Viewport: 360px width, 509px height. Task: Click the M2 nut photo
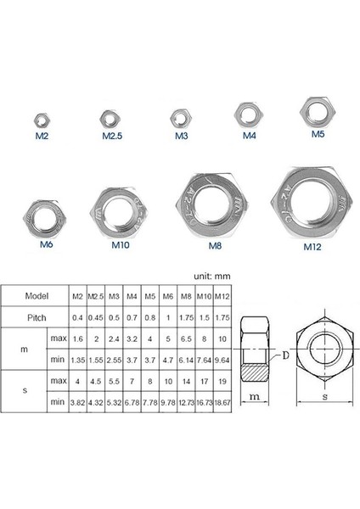pyautogui.click(x=39, y=119)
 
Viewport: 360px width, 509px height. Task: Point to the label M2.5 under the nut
pyautogui.click(x=114, y=136)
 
